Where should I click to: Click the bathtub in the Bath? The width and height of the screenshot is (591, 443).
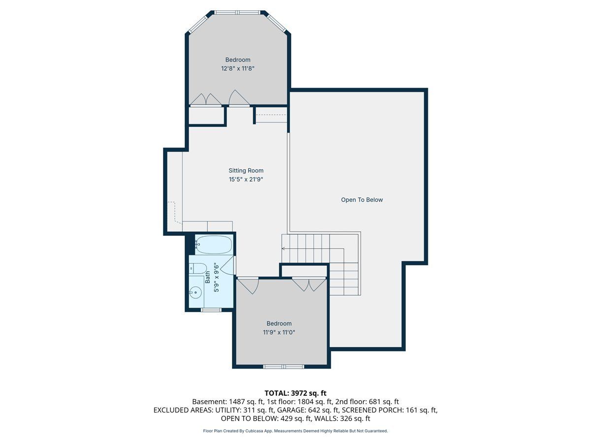[214, 245]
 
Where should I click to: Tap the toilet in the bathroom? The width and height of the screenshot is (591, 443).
[198, 268]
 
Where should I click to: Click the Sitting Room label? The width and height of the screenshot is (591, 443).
[246, 170]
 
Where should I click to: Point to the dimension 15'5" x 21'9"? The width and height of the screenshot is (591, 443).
[246, 179]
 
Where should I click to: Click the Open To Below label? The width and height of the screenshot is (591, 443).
[361, 200]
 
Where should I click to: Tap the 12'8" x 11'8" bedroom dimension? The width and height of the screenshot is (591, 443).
[238, 68]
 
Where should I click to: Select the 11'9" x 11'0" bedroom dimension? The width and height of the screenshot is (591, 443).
[279, 332]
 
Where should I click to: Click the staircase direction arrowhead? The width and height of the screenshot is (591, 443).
[284, 249]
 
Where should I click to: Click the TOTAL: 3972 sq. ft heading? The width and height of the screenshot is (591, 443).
[295, 393]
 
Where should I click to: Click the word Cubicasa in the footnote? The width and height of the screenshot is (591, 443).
[254, 431]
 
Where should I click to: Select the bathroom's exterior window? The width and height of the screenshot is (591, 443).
[211, 310]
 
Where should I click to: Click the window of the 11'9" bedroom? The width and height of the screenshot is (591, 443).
[284, 367]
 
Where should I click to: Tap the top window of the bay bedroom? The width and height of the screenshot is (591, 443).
[237, 12]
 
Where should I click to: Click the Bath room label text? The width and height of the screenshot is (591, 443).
[208, 277]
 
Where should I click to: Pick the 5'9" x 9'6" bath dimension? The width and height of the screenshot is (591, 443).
[217, 277]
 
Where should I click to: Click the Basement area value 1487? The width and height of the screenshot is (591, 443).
[235, 402]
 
